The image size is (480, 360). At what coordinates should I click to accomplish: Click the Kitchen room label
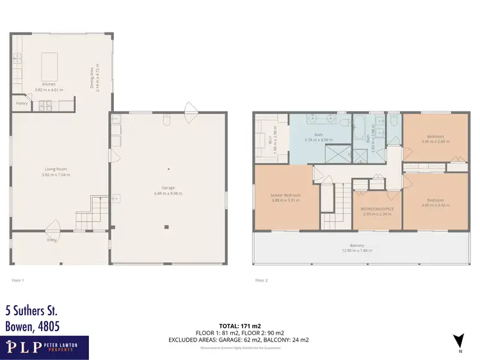49,84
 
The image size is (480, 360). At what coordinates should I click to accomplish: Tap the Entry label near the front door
51,240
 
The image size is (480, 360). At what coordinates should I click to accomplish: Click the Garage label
168,188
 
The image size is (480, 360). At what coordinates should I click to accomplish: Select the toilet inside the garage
166,120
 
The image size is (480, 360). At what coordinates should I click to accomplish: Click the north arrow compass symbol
457,340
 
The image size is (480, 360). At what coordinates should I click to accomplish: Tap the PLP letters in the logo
25,348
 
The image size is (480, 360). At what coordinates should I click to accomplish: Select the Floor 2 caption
261,280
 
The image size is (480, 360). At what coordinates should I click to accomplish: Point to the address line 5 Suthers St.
31,311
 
